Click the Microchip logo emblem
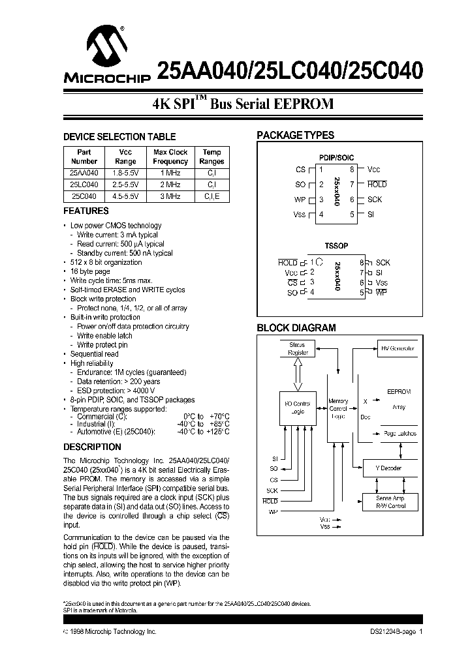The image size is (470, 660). pos(106,47)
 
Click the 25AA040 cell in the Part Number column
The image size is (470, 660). pos(84,173)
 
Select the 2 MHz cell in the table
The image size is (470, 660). pos(170,185)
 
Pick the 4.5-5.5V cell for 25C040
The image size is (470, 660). pos(125,196)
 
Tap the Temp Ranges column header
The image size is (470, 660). pos(211,157)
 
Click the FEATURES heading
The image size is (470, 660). pos(86,211)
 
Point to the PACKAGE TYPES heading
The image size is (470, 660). pos(295,136)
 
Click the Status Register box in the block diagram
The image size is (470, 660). pos(298,349)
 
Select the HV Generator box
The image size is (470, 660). pos(397,348)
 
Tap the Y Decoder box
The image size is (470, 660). pos(390,468)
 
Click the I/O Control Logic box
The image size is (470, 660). pos(298,408)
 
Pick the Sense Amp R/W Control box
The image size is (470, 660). pos(390,502)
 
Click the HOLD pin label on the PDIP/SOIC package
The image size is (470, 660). pos(377,185)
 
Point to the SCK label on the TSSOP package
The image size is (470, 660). pos(383,262)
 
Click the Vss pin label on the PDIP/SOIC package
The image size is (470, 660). pos(299,215)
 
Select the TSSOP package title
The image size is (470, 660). pos(336,247)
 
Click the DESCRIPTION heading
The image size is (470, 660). pos(92,447)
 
